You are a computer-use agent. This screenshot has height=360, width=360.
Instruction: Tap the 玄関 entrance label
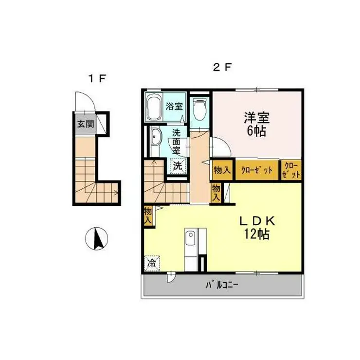[x=84, y=124]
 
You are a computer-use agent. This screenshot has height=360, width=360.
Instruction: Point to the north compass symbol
[x=96, y=239]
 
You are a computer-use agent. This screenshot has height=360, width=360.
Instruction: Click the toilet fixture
[x=199, y=109]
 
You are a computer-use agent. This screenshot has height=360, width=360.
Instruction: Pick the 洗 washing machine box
[x=177, y=165]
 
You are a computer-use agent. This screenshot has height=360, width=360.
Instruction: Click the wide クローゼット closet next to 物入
[x=257, y=170]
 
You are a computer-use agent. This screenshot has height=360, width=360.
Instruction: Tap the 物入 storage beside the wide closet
[x=222, y=170]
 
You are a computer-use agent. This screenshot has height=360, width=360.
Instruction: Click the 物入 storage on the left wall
[x=148, y=216]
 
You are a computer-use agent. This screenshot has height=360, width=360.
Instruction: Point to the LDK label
[x=257, y=220]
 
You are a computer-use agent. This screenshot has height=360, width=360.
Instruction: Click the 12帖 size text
[x=257, y=234]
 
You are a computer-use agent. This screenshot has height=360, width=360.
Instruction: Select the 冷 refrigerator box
[x=152, y=264]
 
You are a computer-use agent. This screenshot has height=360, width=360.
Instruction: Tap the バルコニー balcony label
[x=221, y=285]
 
